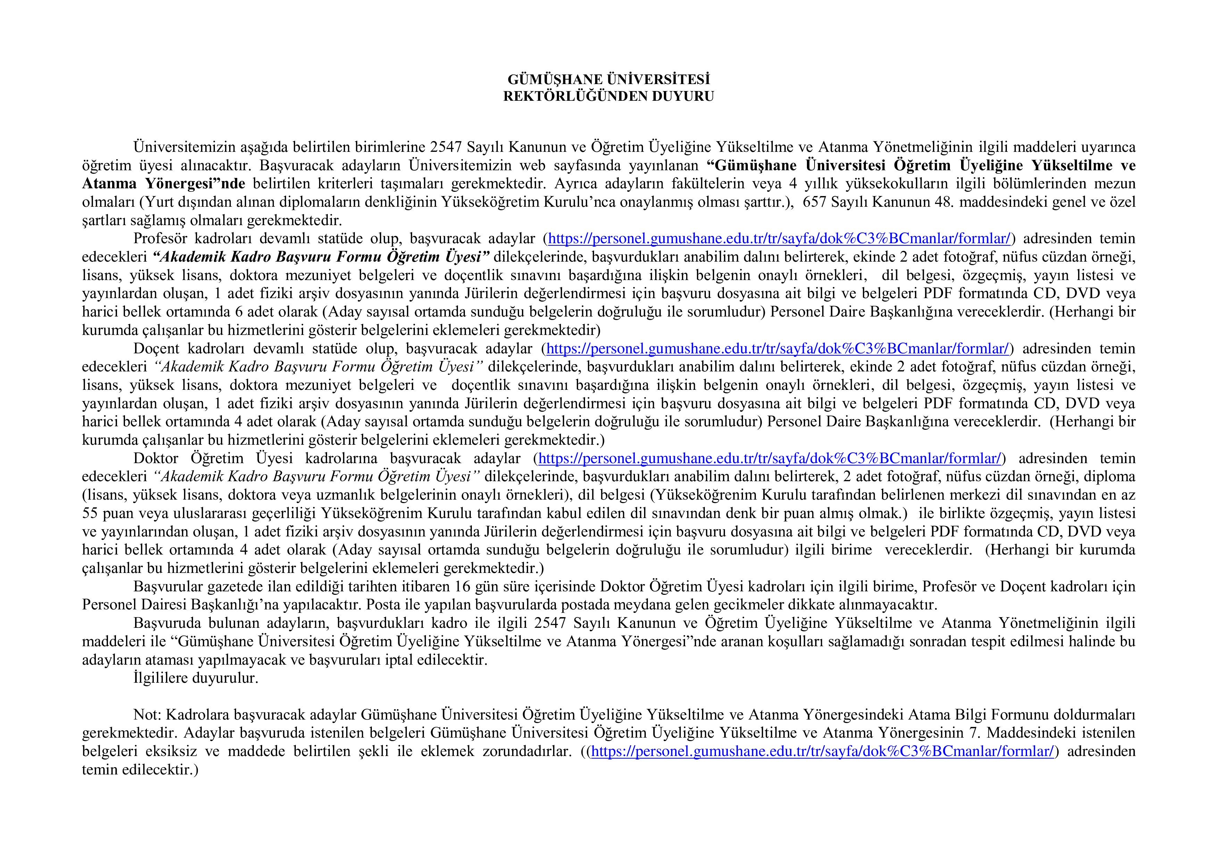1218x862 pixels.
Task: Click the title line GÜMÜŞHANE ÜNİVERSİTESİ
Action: (608, 80)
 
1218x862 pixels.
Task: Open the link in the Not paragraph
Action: (822, 752)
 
